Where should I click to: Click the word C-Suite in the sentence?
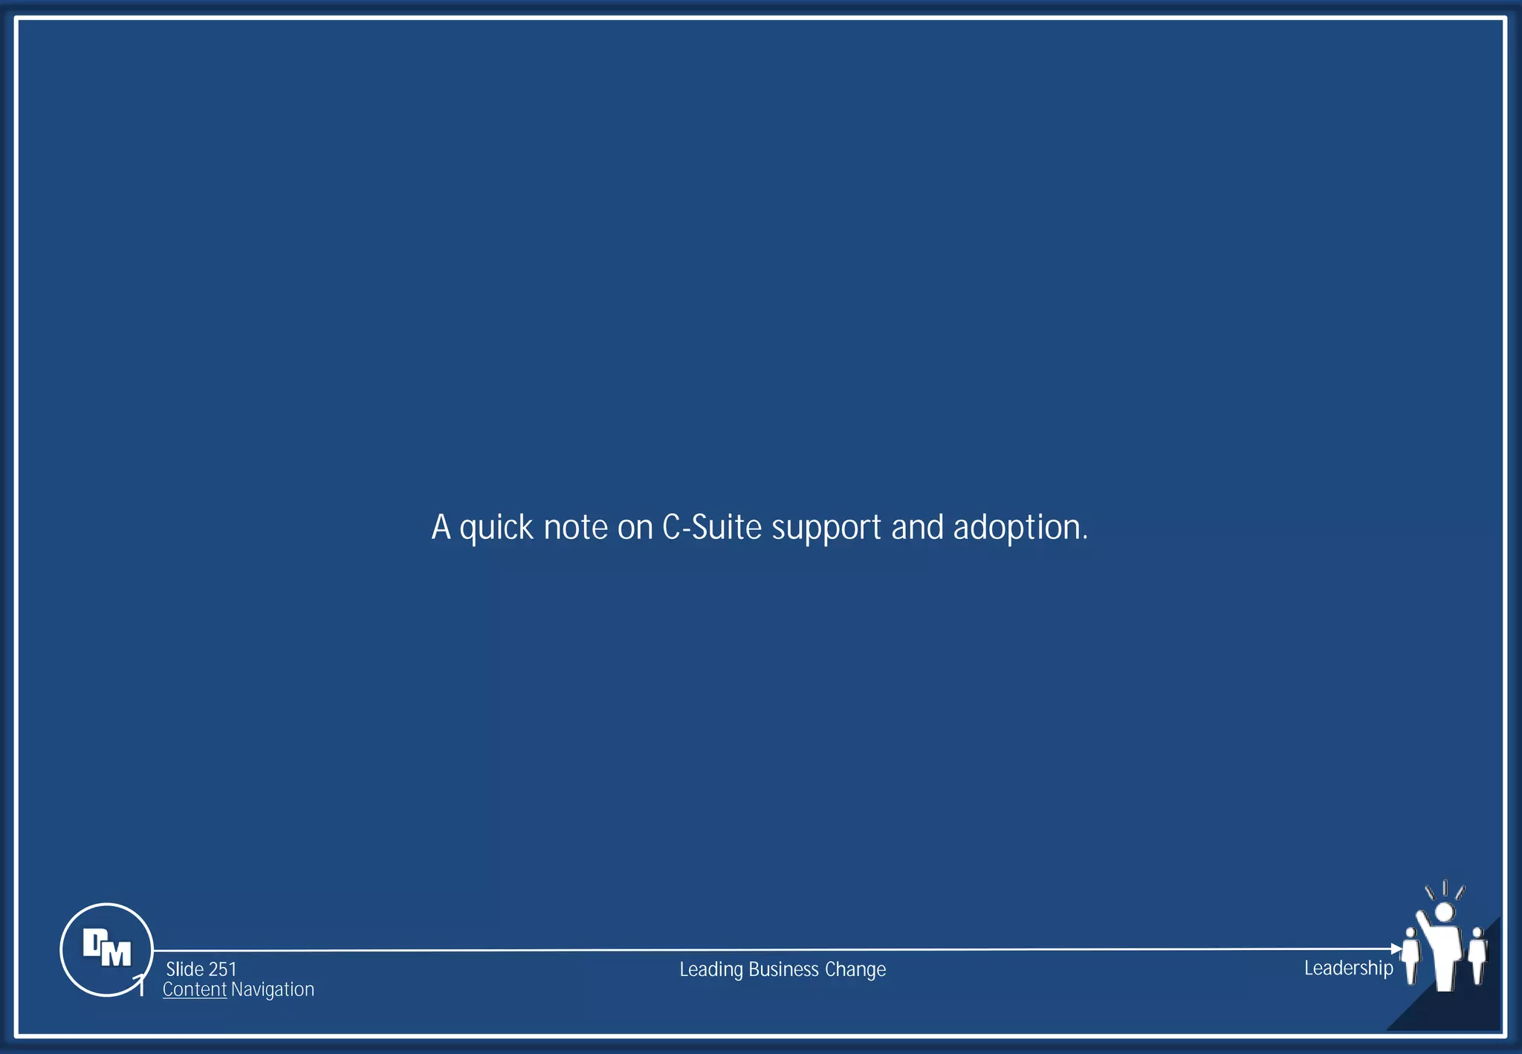click(x=711, y=527)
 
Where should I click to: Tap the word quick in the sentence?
click(x=496, y=528)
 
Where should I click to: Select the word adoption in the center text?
click(x=1020, y=528)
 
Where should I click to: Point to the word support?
click(x=826, y=528)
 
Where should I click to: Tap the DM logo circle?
click(x=106, y=949)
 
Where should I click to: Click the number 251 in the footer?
click(x=222, y=969)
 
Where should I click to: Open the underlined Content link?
click(x=195, y=989)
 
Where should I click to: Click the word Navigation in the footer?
click(x=273, y=989)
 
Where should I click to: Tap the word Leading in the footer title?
click(x=711, y=969)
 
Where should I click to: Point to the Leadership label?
click(x=1348, y=968)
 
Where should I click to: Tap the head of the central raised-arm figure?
click(x=1444, y=912)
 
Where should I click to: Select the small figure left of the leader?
click(x=1410, y=955)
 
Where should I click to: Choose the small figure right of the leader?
click(x=1477, y=955)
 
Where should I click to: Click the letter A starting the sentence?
click(x=441, y=527)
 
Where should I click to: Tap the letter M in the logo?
click(x=116, y=954)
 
